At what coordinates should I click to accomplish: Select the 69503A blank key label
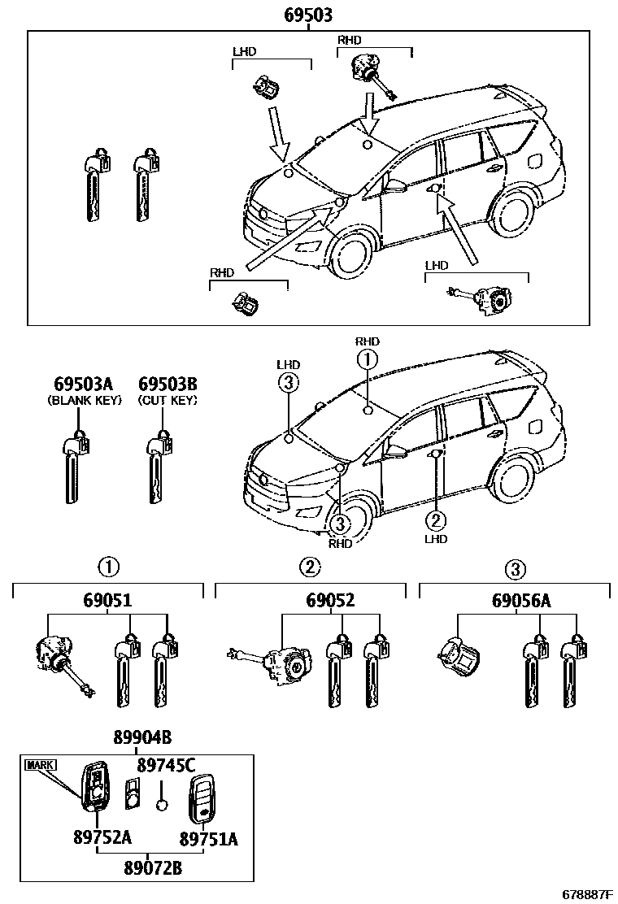tap(85, 384)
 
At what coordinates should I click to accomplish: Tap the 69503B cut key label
tap(168, 384)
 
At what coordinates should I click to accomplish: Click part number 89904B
tap(142, 738)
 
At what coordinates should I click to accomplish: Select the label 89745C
tap(166, 764)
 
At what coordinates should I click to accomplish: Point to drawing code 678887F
tap(581, 894)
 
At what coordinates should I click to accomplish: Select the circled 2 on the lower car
tap(436, 519)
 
